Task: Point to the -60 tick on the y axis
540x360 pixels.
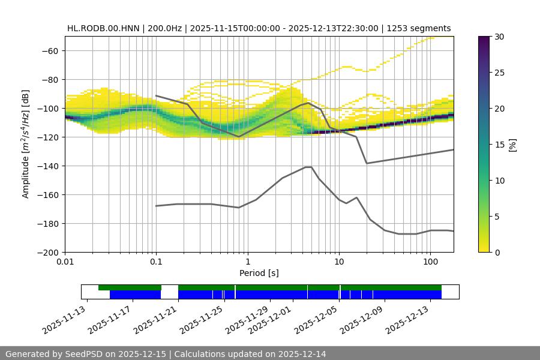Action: (49, 50)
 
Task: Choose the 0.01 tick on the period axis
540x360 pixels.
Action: (65, 262)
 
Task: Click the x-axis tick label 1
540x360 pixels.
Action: (248, 262)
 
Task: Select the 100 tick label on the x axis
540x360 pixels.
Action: (430, 262)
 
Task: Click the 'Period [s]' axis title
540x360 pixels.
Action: (259, 273)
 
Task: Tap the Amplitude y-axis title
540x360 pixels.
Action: (26, 144)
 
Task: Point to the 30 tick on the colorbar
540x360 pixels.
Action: (499, 37)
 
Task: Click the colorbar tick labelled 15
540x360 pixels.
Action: (499, 144)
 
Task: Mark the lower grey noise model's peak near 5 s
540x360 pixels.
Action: (308, 167)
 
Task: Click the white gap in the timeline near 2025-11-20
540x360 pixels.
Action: (170, 292)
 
